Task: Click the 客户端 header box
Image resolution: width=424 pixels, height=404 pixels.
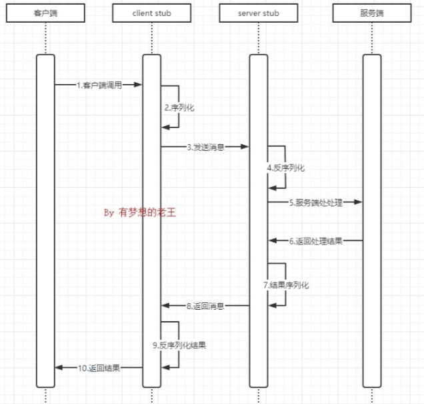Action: coord(45,13)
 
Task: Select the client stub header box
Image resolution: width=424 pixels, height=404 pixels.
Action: coord(151,13)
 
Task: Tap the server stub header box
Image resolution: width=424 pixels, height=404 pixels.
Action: coord(259,13)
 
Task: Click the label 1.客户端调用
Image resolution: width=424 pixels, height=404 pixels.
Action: coord(99,85)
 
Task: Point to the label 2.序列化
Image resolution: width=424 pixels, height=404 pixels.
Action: coord(180,107)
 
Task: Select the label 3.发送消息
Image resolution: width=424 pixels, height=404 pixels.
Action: coord(205,147)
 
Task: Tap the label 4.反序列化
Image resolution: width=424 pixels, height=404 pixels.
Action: coord(286,168)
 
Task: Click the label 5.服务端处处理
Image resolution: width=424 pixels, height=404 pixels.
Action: coord(316,202)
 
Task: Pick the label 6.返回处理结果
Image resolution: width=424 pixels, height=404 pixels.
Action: coord(316,241)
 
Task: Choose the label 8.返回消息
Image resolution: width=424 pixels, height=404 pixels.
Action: coord(205,306)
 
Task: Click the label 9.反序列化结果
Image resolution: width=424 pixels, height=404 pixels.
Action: coord(179,345)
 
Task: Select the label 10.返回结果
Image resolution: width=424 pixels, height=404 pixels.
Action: coord(99,367)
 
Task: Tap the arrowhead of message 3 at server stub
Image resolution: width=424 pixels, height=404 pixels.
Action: coord(246,147)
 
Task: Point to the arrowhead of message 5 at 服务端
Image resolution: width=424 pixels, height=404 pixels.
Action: coord(359,202)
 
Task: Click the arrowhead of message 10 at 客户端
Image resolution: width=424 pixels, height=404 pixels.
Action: coord(59,367)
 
